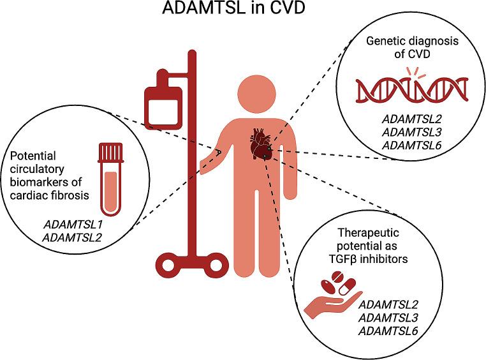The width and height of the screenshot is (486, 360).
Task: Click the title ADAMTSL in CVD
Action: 243,11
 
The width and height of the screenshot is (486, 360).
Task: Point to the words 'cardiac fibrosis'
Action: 48,195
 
